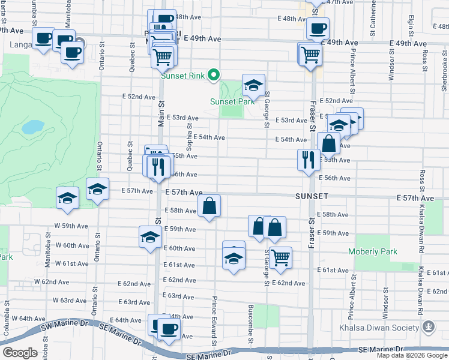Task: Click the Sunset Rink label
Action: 182,76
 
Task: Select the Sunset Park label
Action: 232,101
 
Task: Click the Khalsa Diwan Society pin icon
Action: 429,327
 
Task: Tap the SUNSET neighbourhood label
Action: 311,196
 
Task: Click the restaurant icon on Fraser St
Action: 308,160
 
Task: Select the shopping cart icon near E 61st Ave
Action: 280,257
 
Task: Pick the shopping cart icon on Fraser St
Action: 311,54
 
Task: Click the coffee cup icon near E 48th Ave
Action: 318,28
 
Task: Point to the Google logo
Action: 20,352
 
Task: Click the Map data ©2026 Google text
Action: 411,355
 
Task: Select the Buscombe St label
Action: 250,324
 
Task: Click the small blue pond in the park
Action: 33,127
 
